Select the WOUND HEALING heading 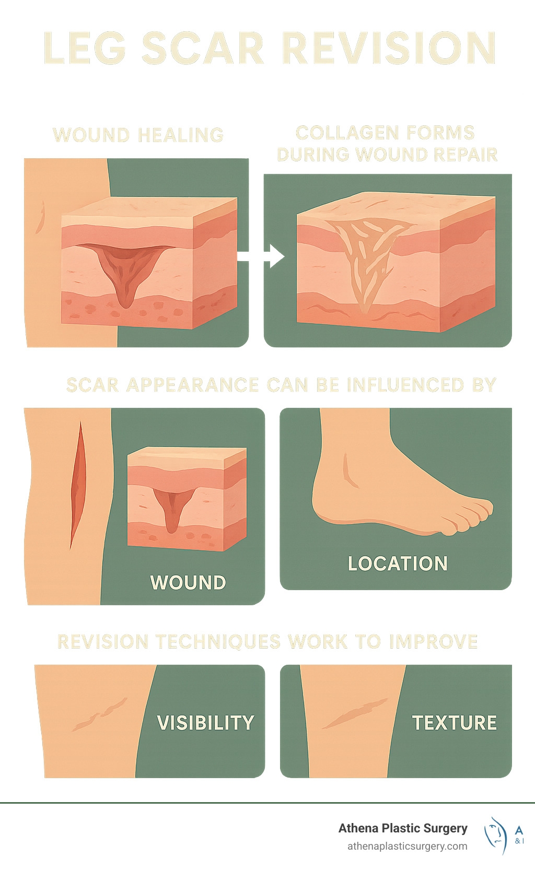point(138,135)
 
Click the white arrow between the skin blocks point(261,256)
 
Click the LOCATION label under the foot point(398,563)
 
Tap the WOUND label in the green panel point(188,582)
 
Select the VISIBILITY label point(205,723)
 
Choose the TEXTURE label point(454,723)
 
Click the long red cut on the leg point(77,486)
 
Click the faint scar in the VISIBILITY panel point(99,714)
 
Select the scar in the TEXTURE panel point(355,713)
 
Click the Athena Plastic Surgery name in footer point(403,828)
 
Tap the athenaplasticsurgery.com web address point(407,846)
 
